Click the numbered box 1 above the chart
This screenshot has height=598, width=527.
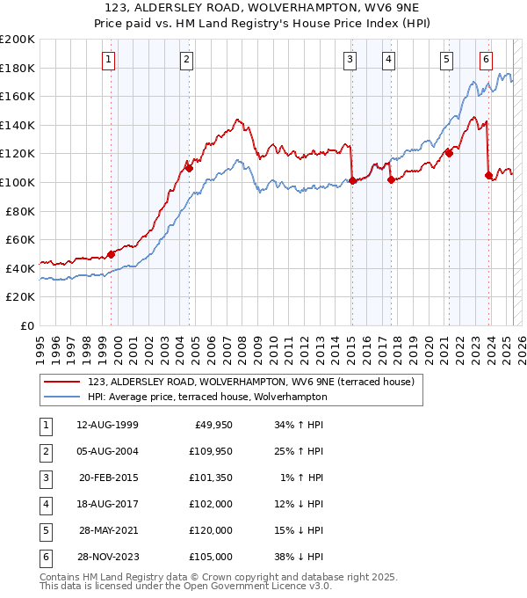pos(108,60)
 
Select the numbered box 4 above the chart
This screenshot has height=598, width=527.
pos(388,60)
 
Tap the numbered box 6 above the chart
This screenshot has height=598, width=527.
pos(486,60)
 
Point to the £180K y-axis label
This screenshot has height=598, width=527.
pos(18,68)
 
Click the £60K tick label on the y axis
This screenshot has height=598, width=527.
pos(20,239)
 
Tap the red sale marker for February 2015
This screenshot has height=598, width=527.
pos(352,180)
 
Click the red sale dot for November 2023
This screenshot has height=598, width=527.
pos(488,175)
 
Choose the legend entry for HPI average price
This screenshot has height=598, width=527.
pos(206,397)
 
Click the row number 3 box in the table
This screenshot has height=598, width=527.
pos(44,478)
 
